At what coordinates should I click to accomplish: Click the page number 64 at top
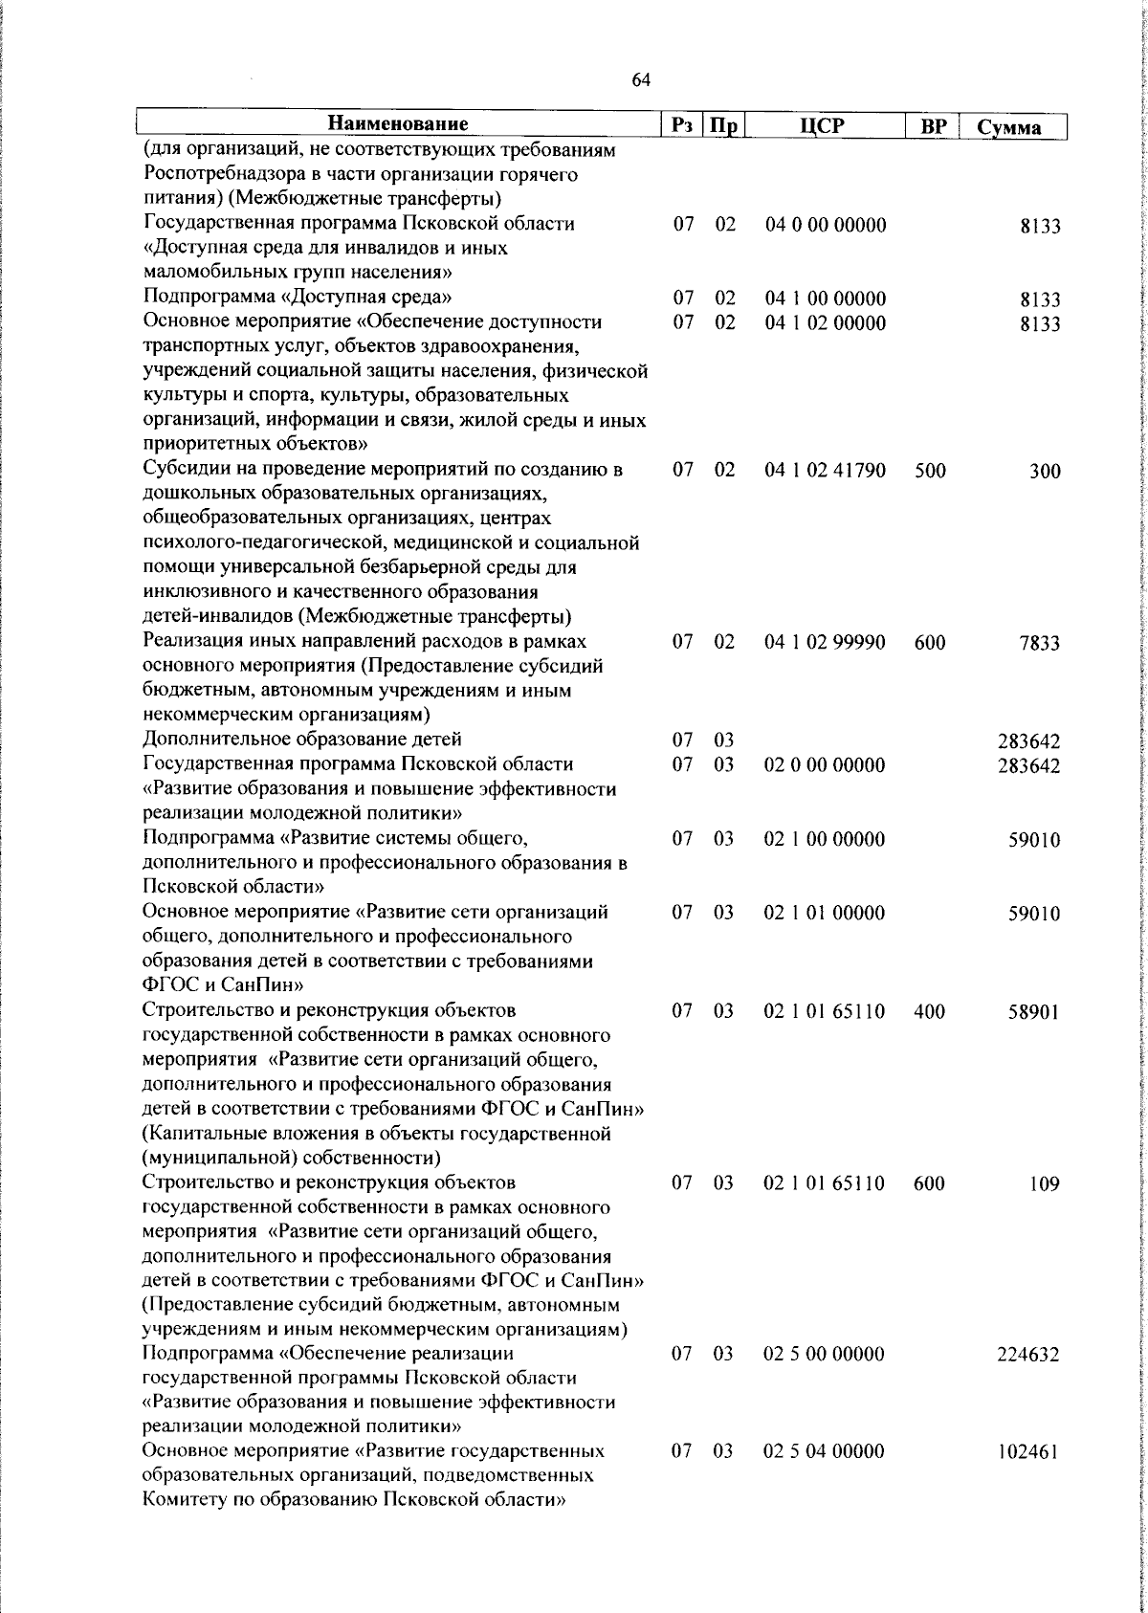(x=641, y=81)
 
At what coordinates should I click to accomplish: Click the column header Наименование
(x=398, y=124)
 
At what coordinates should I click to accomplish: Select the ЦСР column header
(x=825, y=125)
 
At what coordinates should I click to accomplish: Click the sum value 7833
(x=1040, y=644)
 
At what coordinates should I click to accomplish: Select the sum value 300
(x=1045, y=472)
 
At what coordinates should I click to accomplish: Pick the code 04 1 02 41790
(x=825, y=471)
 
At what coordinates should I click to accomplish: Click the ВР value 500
(x=930, y=471)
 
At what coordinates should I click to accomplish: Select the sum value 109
(x=1045, y=1184)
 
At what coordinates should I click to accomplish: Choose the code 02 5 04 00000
(x=824, y=1478)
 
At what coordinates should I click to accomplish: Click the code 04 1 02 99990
(x=825, y=643)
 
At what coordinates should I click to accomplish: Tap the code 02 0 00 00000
(x=824, y=765)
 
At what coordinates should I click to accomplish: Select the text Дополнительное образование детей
(x=302, y=740)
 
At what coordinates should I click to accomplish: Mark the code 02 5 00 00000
(x=824, y=1355)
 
